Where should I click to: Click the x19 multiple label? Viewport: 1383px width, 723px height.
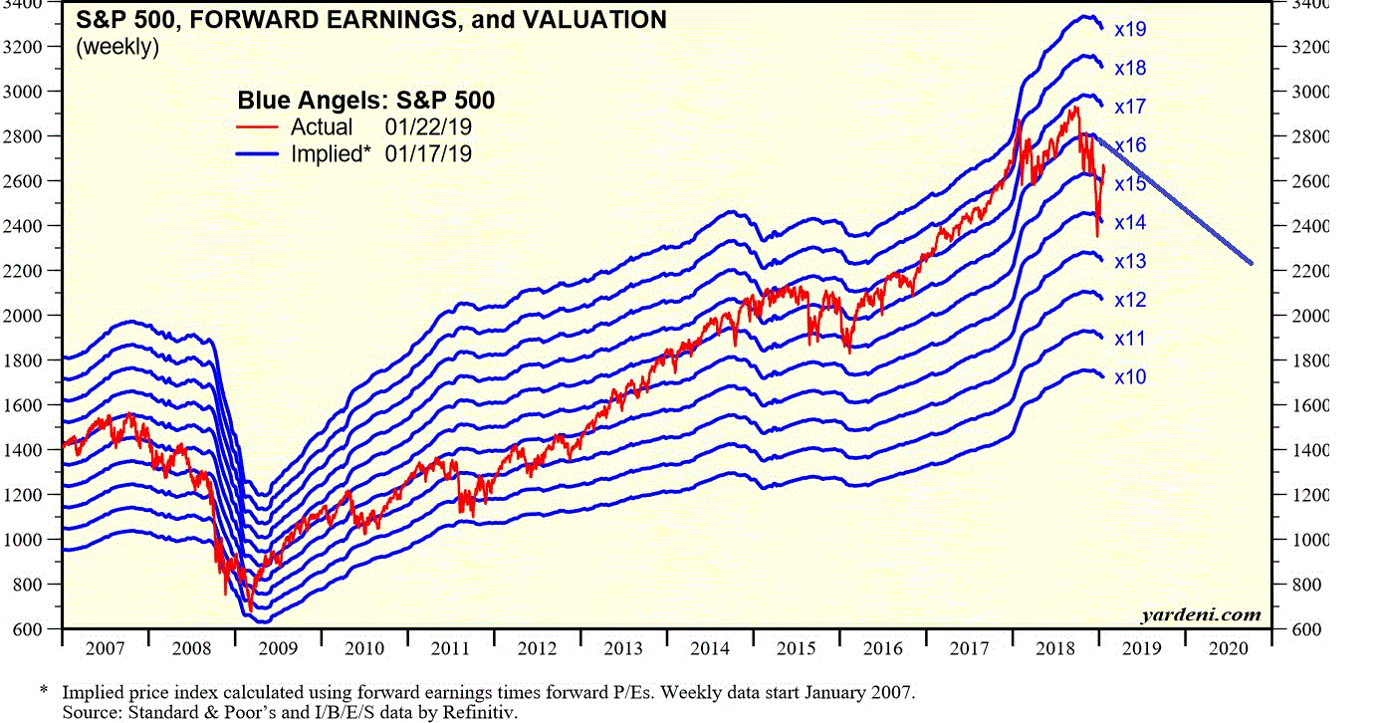(1130, 30)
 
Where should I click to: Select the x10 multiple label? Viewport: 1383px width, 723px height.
(1130, 377)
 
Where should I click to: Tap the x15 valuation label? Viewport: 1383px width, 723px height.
(1130, 184)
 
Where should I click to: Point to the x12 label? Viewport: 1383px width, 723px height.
(1130, 300)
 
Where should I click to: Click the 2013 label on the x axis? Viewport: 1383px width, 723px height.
(623, 649)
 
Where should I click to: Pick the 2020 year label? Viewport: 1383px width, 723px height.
(1228, 649)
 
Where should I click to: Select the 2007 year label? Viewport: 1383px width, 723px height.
(106, 649)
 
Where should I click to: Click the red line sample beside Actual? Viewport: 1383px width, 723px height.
(258, 127)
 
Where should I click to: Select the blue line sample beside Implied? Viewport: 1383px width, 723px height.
(258, 153)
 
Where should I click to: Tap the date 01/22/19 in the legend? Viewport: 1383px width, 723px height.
(428, 127)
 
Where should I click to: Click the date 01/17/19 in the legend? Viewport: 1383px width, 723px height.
(428, 153)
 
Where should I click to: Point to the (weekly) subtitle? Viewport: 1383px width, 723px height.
(117, 47)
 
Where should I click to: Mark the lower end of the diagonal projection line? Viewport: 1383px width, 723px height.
(1251, 264)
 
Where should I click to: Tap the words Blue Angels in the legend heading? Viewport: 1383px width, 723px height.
(300, 100)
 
